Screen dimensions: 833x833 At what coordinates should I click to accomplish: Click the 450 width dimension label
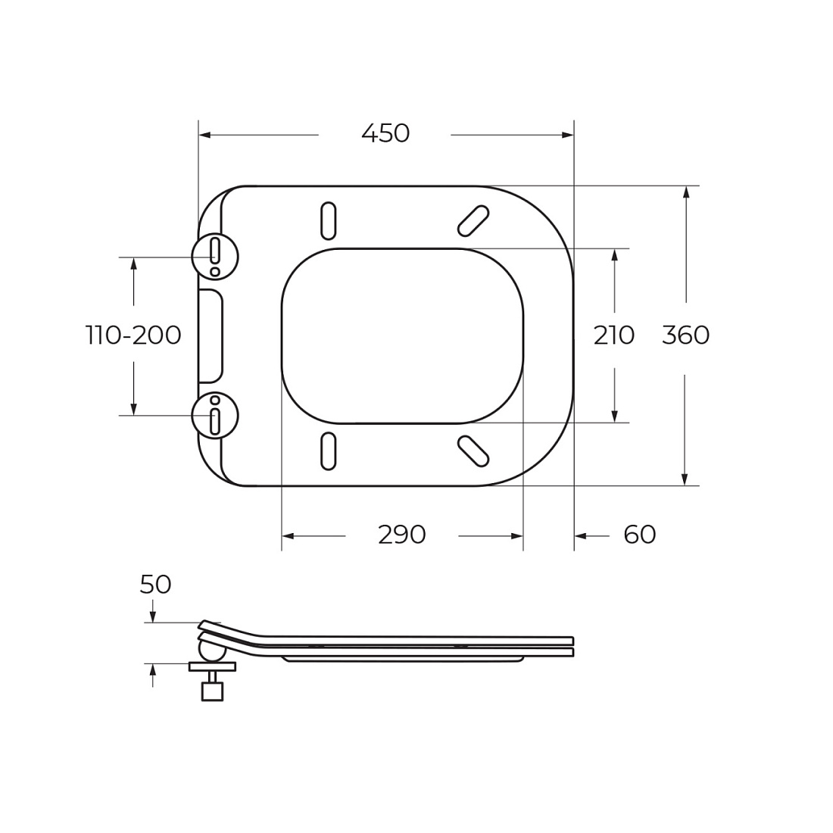point(385,133)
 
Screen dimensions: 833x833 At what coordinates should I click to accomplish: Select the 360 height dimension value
point(685,335)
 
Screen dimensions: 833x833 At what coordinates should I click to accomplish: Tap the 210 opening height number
point(613,335)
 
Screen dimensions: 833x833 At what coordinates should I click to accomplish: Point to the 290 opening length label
point(401,535)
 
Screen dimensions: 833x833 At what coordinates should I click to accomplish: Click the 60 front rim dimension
point(640,535)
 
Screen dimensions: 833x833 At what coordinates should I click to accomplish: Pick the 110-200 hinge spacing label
point(133,335)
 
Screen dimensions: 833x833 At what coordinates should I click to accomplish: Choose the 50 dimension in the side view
point(155,585)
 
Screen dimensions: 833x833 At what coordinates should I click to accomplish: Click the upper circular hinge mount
point(215,257)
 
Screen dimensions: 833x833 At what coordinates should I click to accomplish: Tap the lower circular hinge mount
point(215,416)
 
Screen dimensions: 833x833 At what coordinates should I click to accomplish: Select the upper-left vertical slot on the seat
point(329,220)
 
